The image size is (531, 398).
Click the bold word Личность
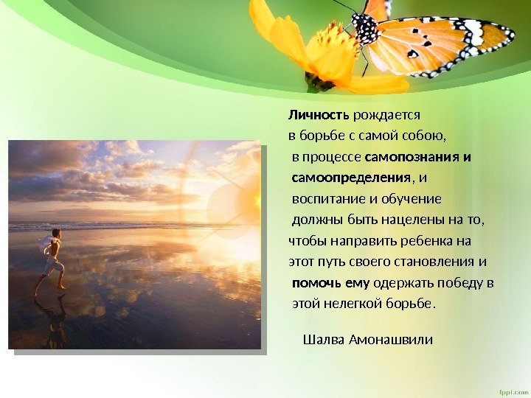click(319, 115)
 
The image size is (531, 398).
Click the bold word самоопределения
click(350, 178)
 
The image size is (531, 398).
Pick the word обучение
click(414, 199)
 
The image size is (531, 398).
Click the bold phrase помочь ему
click(331, 282)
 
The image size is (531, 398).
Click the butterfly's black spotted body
click(366, 30)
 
